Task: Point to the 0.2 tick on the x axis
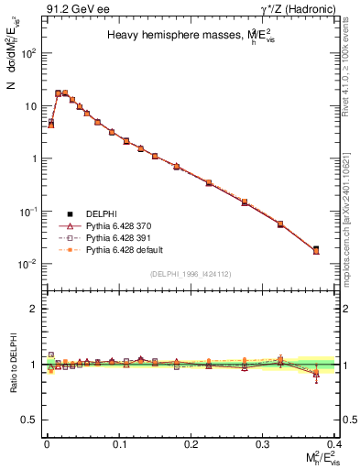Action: tap(191, 442)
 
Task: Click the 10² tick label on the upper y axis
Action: tap(28, 53)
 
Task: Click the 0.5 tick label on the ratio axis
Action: tap(30, 420)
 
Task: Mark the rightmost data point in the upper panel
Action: tap(316, 249)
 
